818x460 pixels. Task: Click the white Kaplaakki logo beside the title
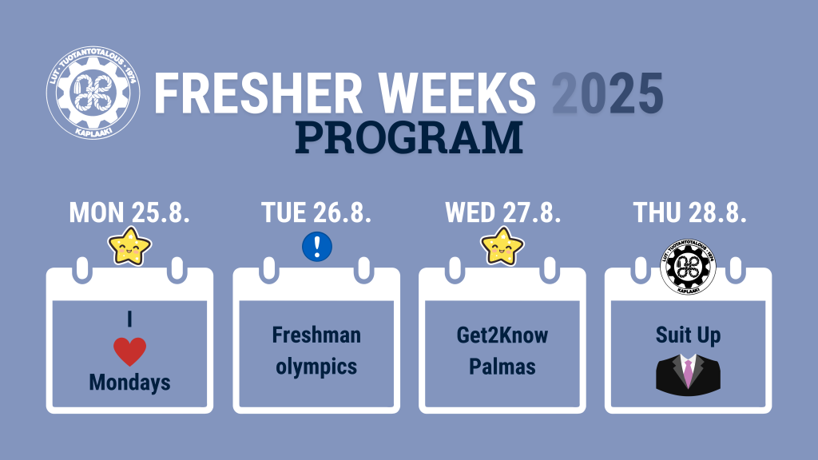[93, 93]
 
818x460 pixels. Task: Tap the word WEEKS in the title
[457, 93]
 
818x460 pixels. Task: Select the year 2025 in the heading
[608, 93]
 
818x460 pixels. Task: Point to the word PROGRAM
[409, 137]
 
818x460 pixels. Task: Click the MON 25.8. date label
[129, 212]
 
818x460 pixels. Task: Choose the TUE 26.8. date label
[316, 212]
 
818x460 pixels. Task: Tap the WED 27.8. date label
[503, 212]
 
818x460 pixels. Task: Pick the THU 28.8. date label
[689, 212]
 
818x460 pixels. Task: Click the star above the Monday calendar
[129, 246]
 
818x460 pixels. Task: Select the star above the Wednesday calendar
[502, 246]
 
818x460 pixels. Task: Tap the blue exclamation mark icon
[317, 246]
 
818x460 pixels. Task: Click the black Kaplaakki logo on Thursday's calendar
[688, 267]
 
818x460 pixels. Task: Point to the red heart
[130, 351]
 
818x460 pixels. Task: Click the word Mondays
[130, 383]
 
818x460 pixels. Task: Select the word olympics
[316, 367]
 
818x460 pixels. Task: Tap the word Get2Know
[502, 335]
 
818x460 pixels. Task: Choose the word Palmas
[502, 367]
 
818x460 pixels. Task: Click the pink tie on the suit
[689, 371]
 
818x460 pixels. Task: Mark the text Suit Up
[688, 335]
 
